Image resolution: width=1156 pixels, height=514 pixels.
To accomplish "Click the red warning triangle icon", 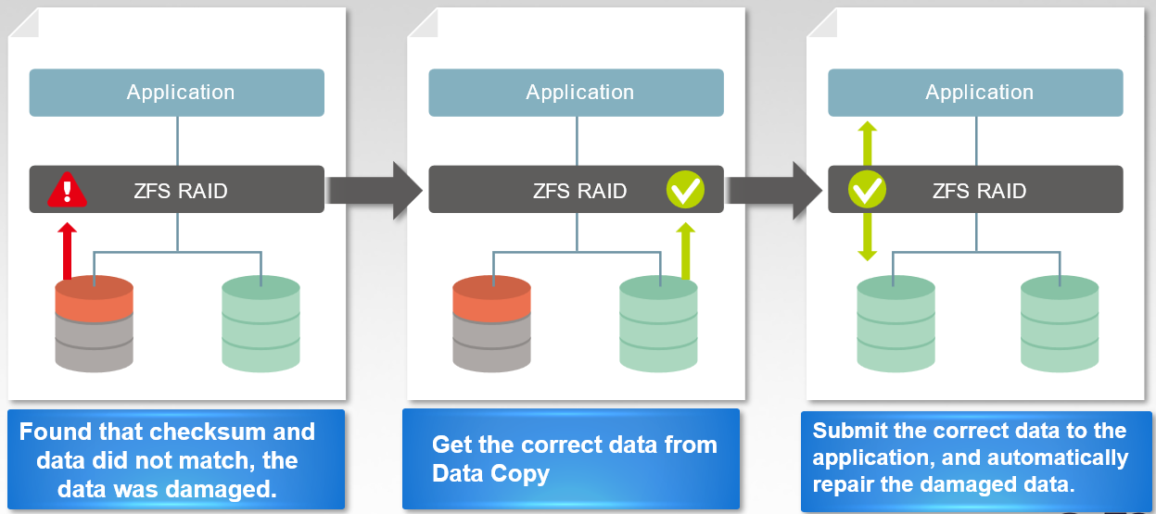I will [67, 190].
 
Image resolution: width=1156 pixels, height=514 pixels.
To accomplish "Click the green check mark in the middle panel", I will [686, 190].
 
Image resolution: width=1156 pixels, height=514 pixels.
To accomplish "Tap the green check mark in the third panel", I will [868, 190].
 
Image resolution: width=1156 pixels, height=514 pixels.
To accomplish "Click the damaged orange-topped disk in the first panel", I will [94, 324].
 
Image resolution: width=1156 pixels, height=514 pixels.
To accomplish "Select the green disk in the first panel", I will [260, 324].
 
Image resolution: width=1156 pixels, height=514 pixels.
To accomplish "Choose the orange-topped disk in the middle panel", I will [491, 324].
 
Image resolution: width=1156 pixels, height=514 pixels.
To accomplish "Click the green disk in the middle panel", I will [658, 324].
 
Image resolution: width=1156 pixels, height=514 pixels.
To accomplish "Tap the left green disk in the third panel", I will [896, 324].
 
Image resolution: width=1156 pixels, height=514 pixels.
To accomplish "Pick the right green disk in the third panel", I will [1060, 324].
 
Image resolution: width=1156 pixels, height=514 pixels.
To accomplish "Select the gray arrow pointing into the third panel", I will [774, 190].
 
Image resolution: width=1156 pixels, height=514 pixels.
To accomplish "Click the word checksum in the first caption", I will [201, 433].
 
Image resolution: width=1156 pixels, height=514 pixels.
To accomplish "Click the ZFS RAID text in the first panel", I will [182, 192].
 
